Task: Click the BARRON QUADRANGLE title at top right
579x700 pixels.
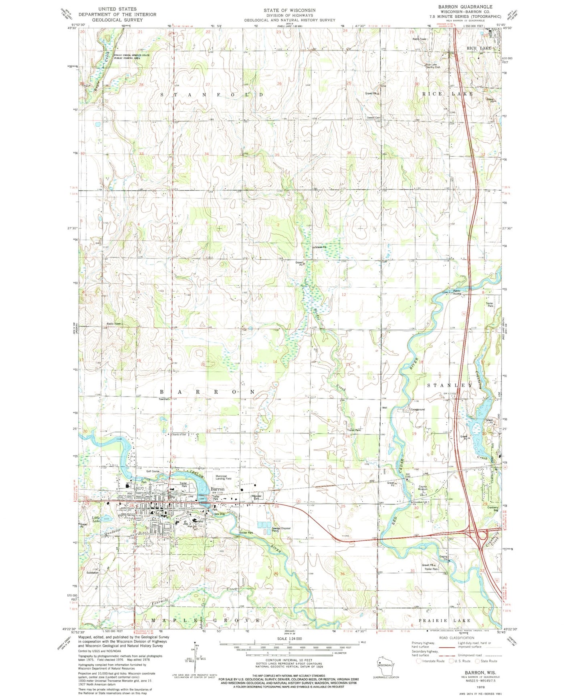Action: point(465,7)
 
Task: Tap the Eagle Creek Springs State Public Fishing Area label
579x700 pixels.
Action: point(127,56)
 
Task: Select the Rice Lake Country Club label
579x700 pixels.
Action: point(433,66)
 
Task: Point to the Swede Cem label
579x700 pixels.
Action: point(373,117)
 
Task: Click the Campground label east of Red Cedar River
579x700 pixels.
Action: point(418,410)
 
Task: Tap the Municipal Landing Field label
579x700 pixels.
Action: point(224,477)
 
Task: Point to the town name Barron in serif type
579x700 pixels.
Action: point(218,489)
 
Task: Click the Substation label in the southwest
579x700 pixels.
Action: point(93,573)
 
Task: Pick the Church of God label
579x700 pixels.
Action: point(179,434)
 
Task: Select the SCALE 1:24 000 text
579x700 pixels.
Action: point(289,638)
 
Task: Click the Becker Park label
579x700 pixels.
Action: point(246,533)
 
